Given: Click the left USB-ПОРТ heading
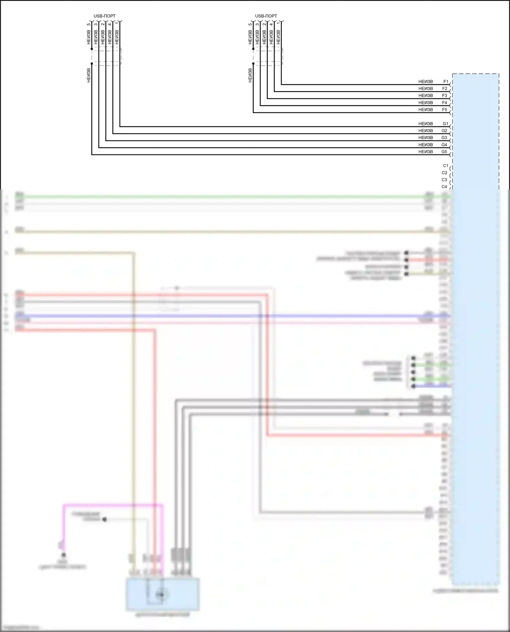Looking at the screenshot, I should pos(104,16).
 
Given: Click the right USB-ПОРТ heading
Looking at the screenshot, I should pos(266,16).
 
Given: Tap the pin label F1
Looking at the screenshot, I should pos(446,82).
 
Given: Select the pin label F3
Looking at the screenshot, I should pos(445,96).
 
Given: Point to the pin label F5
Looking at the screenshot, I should pos(445,110).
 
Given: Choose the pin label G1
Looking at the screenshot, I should pos(445,124).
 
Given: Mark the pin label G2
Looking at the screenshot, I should pos(445,131).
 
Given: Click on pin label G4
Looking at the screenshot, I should pos(444,145).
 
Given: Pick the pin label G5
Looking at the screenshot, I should pos(444,152).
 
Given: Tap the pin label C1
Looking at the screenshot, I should pos(445,166).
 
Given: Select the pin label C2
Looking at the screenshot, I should pos(445,173).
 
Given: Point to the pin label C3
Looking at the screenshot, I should pos(444,180).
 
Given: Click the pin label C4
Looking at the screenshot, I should pos(444,187).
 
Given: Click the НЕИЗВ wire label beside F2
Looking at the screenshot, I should pos(426,89).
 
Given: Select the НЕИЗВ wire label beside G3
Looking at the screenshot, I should pos(426,138).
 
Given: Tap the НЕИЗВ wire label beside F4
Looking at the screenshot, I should pos(426,103).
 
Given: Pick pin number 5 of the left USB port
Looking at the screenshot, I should pos(89,24).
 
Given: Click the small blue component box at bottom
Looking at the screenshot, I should pos(163,594).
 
